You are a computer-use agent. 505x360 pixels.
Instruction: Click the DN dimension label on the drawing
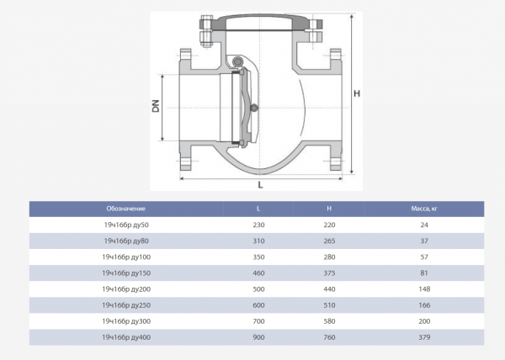coord(156,106)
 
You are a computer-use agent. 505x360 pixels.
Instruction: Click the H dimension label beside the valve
coord(357,93)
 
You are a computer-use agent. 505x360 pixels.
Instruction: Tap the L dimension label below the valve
coord(260,185)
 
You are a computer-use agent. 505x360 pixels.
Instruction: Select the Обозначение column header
coord(126,209)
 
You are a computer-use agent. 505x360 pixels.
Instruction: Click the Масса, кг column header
coord(424,209)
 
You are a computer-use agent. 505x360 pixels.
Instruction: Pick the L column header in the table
coord(258,209)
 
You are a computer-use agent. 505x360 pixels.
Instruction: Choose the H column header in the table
coord(329,209)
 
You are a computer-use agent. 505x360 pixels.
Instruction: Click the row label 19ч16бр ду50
coord(126,225)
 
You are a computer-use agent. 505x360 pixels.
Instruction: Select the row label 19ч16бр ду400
coord(126,337)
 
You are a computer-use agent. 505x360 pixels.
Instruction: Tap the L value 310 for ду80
coord(258,241)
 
